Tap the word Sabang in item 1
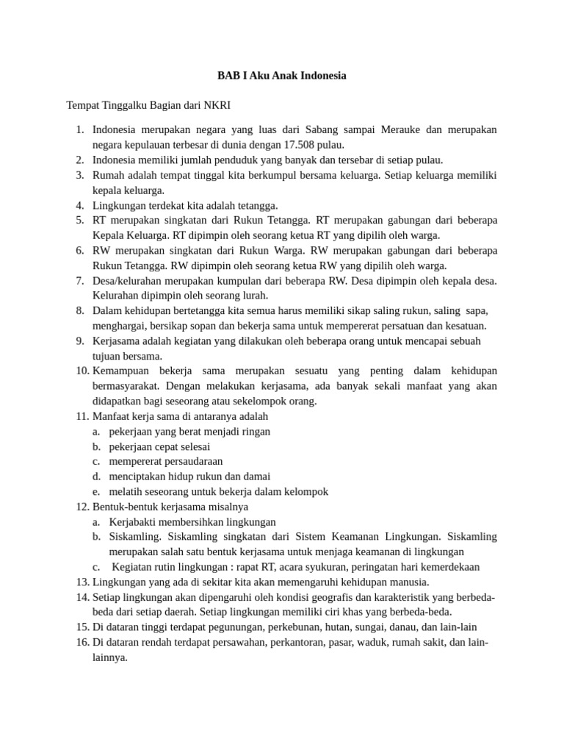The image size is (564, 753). tap(324, 130)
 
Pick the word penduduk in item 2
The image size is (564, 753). tap(236, 160)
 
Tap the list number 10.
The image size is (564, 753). tap(82, 371)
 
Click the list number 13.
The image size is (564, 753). tap(82, 582)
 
